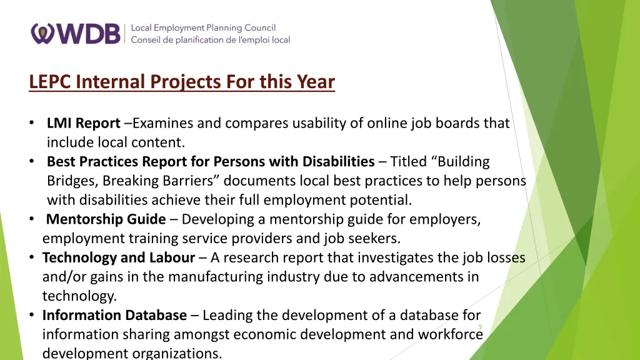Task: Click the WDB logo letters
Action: click(x=87, y=33)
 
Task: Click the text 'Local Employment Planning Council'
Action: click(x=203, y=27)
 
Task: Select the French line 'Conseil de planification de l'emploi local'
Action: click(x=211, y=40)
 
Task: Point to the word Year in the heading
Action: click(x=316, y=82)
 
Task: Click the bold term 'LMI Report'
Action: click(x=83, y=123)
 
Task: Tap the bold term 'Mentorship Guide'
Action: click(x=106, y=219)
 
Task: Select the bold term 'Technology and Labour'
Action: click(x=119, y=257)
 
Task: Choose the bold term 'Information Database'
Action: click(x=114, y=315)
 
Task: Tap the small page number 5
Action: click(x=480, y=327)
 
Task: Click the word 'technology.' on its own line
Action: click(x=79, y=296)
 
